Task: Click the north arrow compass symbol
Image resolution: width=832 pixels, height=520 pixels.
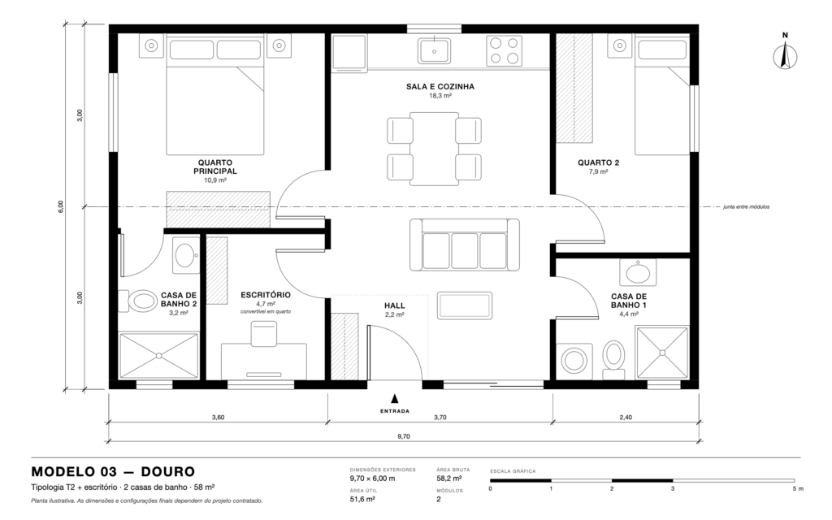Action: pos(785,56)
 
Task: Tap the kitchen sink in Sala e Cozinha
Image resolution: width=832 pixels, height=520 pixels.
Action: pos(434,51)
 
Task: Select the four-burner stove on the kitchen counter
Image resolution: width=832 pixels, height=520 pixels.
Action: pos(504,51)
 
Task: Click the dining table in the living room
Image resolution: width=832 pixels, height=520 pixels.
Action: pos(434,149)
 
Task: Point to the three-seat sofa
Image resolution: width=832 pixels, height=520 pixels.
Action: pos(464,245)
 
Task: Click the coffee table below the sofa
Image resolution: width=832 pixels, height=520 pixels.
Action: pos(464,305)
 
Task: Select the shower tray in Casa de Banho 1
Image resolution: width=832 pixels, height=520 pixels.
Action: pos(661,353)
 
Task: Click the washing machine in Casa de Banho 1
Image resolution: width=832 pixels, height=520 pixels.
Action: pos(574,361)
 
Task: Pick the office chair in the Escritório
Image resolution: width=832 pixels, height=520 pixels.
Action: pos(264,334)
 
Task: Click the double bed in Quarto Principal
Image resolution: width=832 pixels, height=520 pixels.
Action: pos(215,94)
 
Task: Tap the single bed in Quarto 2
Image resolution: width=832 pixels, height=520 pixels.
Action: pos(661,94)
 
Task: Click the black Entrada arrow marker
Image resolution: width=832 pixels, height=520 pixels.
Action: pos(395,399)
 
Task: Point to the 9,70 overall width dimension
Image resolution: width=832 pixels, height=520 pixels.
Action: pos(404,436)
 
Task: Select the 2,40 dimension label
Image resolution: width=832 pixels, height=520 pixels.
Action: pos(626,417)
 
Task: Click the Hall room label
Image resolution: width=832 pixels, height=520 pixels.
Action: pos(395,305)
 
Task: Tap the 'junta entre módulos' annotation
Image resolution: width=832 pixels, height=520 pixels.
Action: pos(746,207)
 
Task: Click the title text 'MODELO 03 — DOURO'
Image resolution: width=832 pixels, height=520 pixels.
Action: pos(113,472)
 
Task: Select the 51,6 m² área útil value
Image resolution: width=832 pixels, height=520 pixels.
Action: pos(362,500)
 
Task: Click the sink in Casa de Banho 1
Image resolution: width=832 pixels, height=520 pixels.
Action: pos(638,273)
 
